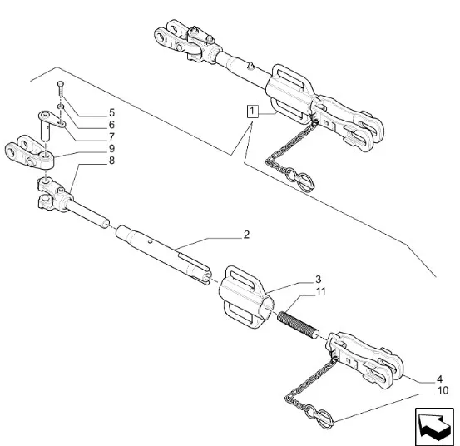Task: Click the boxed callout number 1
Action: click(252, 111)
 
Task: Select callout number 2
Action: click(246, 235)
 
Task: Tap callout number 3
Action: click(319, 279)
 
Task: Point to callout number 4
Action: click(439, 379)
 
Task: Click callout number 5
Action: click(111, 112)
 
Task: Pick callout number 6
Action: click(111, 125)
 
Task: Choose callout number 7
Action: click(111, 136)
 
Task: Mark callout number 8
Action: click(111, 161)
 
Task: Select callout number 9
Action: click(111, 148)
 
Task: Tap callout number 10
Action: click(443, 390)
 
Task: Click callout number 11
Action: click(320, 291)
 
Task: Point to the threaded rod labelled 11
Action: click(298, 325)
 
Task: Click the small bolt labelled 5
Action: click(61, 88)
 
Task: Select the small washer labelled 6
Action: click(61, 107)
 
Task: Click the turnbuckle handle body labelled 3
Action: click(247, 296)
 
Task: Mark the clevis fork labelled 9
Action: click(29, 152)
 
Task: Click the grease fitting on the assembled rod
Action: click(250, 67)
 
